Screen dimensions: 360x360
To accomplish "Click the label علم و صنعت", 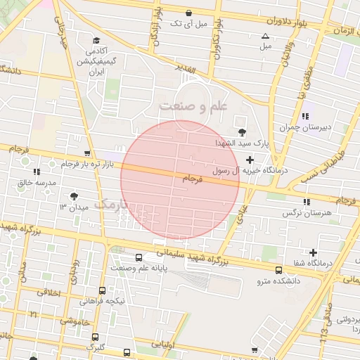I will (x=194, y=106).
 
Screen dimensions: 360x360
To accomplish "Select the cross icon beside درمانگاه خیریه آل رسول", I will (x=250, y=161).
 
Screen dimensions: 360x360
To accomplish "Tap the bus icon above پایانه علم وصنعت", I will (x=139, y=257).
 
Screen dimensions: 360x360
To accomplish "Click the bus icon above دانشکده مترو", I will (x=279, y=270).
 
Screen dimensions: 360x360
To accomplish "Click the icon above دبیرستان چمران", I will (x=304, y=116).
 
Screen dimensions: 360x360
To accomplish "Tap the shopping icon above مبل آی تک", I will (x=188, y=13).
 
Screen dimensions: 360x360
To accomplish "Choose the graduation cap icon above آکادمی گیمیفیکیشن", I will (x=95, y=40).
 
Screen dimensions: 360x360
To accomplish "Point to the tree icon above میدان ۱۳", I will (x=75, y=196).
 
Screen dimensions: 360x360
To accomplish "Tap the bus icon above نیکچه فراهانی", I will (x=103, y=290).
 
